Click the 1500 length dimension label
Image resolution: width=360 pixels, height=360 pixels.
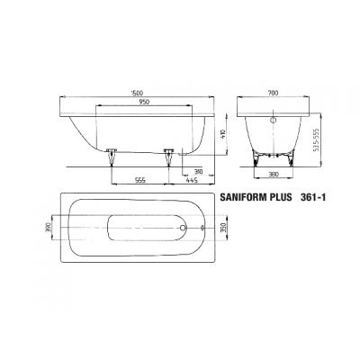tap(137, 93)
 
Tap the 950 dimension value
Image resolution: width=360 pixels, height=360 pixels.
tap(144, 102)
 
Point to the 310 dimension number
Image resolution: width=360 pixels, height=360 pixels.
tap(199, 172)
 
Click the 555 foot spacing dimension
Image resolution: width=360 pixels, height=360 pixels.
tap(140, 180)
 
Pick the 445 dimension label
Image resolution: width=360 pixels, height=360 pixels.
tap(191, 180)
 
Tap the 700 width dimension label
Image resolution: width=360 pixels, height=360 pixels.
tap(273, 93)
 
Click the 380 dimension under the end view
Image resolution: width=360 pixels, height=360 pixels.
tap(274, 174)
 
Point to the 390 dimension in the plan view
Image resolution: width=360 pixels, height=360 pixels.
tap(48, 228)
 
